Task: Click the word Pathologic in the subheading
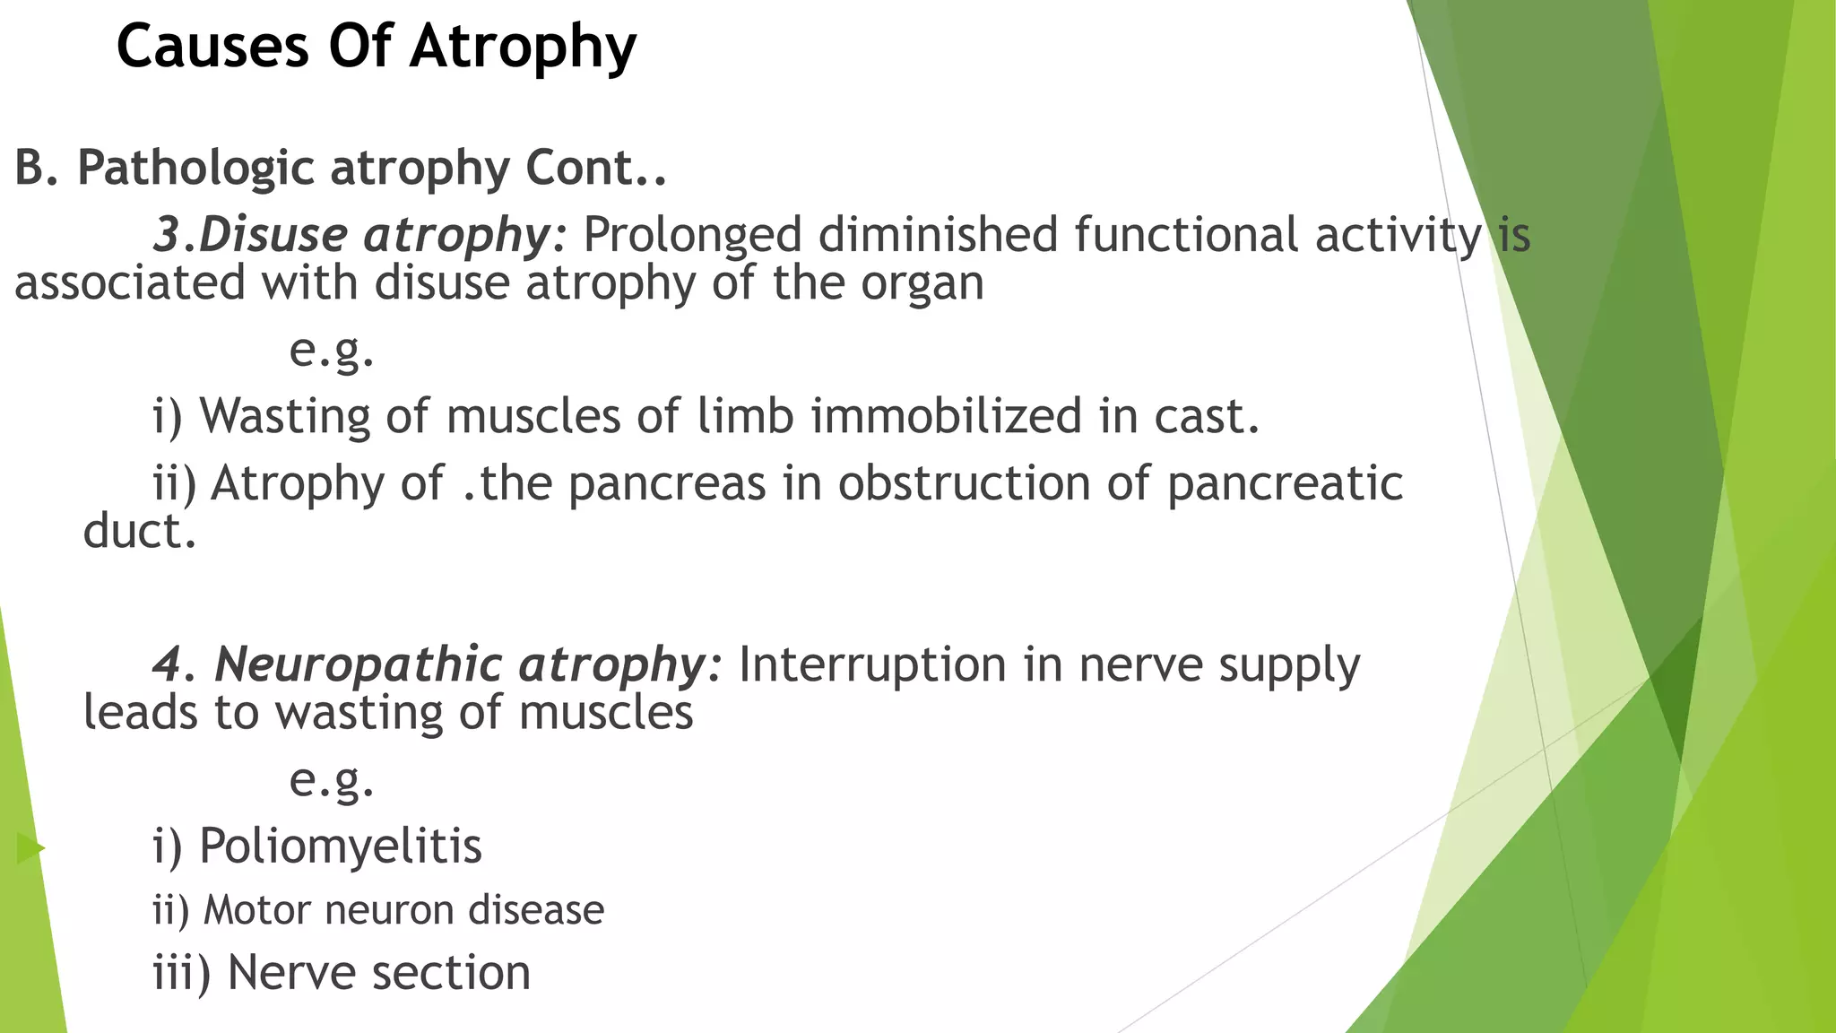pyautogui.click(x=195, y=168)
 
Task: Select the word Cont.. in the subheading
pyautogui.click(x=596, y=168)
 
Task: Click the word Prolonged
pyautogui.click(x=692, y=235)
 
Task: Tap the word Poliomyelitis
pyautogui.click(x=340, y=846)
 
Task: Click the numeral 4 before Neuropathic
pyautogui.click(x=167, y=664)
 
